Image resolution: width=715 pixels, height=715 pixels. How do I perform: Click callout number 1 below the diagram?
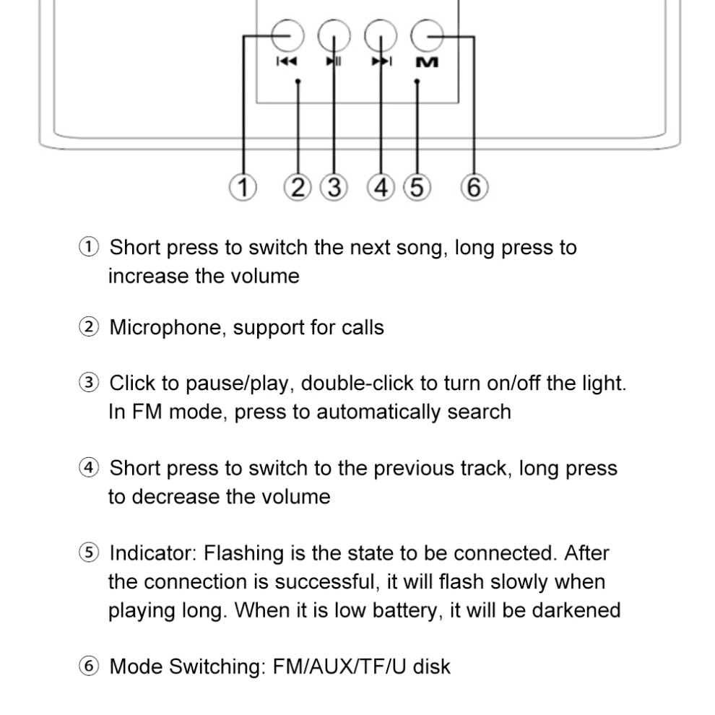pyautogui.click(x=243, y=187)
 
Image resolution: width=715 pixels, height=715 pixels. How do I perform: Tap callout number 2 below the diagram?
pyautogui.click(x=298, y=187)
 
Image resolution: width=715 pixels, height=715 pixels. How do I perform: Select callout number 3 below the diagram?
pyautogui.click(x=334, y=187)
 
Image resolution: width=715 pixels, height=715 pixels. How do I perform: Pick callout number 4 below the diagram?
pyautogui.click(x=381, y=187)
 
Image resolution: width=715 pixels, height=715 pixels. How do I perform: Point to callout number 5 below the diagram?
pyautogui.click(x=417, y=187)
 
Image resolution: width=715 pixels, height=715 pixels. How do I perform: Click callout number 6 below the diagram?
pyautogui.click(x=474, y=187)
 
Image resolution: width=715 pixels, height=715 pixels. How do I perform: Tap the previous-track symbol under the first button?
pyautogui.click(x=287, y=61)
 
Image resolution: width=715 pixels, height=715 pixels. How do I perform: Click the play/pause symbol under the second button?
pyautogui.click(x=334, y=61)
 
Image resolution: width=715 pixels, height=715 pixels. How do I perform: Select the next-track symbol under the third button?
pyautogui.click(x=381, y=61)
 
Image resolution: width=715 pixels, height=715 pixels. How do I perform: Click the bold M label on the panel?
pyautogui.click(x=428, y=62)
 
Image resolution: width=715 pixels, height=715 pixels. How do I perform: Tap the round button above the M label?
pyautogui.click(x=427, y=35)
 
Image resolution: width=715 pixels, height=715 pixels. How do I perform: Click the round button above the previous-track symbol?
pyautogui.click(x=287, y=35)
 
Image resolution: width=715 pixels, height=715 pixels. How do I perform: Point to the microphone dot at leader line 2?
pyautogui.click(x=298, y=82)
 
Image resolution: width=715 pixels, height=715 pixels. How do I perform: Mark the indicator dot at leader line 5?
pyautogui.click(x=417, y=82)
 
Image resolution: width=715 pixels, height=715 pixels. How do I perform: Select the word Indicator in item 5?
pyautogui.click(x=153, y=553)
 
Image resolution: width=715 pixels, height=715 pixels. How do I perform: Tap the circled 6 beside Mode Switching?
pyautogui.click(x=88, y=666)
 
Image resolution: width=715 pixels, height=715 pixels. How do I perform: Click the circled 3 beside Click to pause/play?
pyautogui.click(x=88, y=383)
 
